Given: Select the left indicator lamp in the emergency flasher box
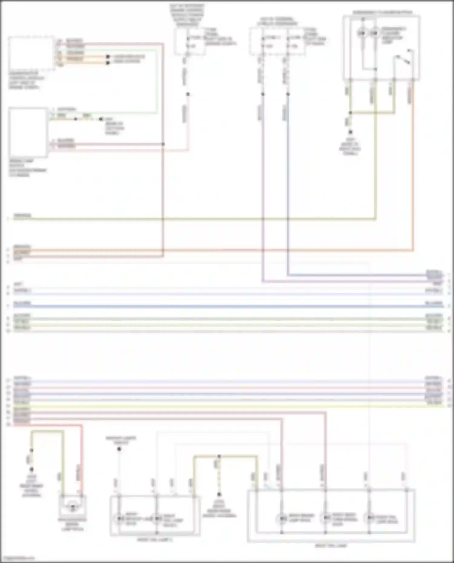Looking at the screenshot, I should (x=362, y=33).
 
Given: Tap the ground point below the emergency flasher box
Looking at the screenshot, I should (x=350, y=132).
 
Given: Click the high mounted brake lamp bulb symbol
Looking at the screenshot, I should (x=73, y=508).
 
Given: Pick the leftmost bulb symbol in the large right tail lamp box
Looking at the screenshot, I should (x=281, y=519).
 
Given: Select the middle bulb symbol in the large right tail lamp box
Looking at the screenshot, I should (x=325, y=518).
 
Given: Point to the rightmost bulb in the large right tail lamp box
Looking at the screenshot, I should (x=369, y=518).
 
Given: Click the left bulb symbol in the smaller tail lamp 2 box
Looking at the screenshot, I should (x=119, y=519).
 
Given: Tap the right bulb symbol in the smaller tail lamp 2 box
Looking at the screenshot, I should (x=156, y=519).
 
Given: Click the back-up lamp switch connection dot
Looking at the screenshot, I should (x=119, y=449).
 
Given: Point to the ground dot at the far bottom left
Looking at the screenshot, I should (x=31, y=470).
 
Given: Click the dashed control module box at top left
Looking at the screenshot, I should (x=31, y=54).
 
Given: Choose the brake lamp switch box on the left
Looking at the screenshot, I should (x=28, y=132).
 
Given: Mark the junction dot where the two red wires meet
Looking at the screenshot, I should (x=163, y=144).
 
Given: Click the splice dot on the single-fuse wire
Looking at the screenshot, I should (x=188, y=94).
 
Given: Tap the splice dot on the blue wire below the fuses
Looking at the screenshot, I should (x=288, y=94).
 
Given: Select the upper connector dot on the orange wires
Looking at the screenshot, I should (x=107, y=57).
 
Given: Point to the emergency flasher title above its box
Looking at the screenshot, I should (x=382, y=13).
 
